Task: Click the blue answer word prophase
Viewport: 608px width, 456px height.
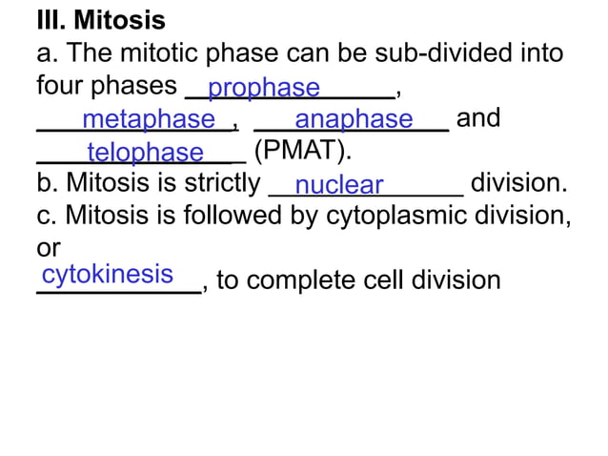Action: point(264,89)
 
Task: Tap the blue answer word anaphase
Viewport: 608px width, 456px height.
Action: point(354,120)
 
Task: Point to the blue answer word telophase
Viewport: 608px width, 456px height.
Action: point(145,153)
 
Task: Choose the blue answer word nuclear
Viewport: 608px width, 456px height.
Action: point(339,185)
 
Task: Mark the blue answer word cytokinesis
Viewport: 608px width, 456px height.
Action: point(107,275)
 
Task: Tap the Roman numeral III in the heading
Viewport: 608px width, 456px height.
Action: point(49,20)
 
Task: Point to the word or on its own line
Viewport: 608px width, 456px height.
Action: point(48,248)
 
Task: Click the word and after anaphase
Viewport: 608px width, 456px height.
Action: point(478,119)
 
